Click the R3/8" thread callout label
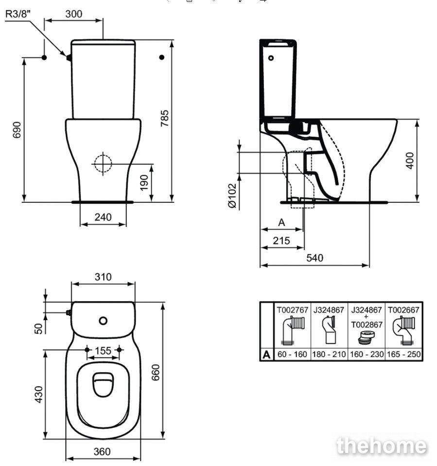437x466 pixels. [x=18, y=14]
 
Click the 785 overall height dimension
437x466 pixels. [x=164, y=118]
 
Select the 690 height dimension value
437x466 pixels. [x=17, y=130]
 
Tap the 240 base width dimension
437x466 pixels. [x=103, y=217]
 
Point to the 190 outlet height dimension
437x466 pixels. [x=144, y=183]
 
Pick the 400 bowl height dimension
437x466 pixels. [x=410, y=161]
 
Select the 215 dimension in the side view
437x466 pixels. [x=281, y=240]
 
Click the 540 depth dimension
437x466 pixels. [x=315, y=258]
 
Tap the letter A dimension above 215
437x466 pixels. [x=281, y=222]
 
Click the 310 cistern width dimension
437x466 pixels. [x=103, y=277]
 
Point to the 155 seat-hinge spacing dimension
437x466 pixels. [x=103, y=351]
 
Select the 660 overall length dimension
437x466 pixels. [x=156, y=373]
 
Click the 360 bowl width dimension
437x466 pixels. [x=102, y=452]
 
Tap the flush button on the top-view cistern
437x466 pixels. [x=103, y=321]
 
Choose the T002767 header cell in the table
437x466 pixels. [x=292, y=310]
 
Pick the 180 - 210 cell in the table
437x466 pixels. [x=329, y=354]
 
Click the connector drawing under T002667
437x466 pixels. [x=403, y=330]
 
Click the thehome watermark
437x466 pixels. [x=382, y=446]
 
